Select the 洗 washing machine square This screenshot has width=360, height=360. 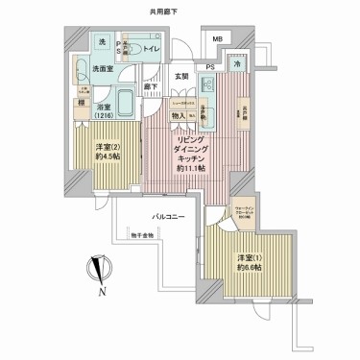101,43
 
